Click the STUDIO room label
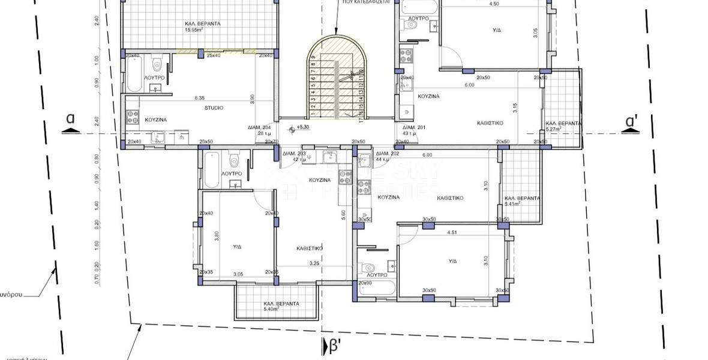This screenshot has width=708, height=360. [x=213, y=108]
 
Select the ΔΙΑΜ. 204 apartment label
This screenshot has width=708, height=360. [x=260, y=128]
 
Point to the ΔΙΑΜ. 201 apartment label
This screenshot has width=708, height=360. [x=414, y=128]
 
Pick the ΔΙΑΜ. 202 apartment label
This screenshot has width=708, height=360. [x=387, y=154]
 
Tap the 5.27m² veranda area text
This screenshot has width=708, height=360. [x=553, y=128]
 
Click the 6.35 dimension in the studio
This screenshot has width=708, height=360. [x=200, y=98]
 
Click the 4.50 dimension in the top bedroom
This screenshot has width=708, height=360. [x=494, y=4]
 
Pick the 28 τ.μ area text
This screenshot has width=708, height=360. [x=265, y=134]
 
